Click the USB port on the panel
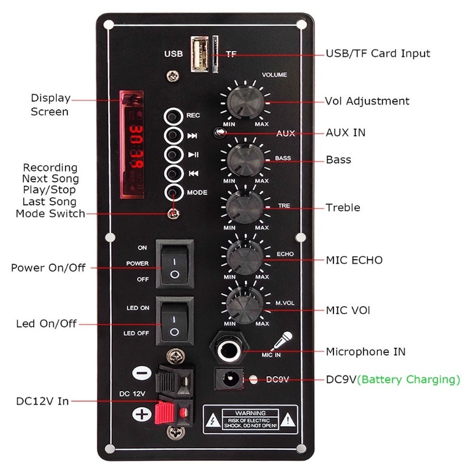pyautogui.click(x=200, y=54)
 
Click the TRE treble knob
pyautogui.click(x=244, y=207)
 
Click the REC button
pyautogui.click(x=172, y=116)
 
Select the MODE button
pyautogui.click(x=172, y=193)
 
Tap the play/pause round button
pyautogui.click(x=172, y=155)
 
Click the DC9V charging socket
pyautogui.click(x=228, y=378)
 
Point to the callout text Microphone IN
pyautogui.click(x=366, y=352)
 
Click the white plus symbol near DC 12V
pyautogui.click(x=141, y=414)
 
